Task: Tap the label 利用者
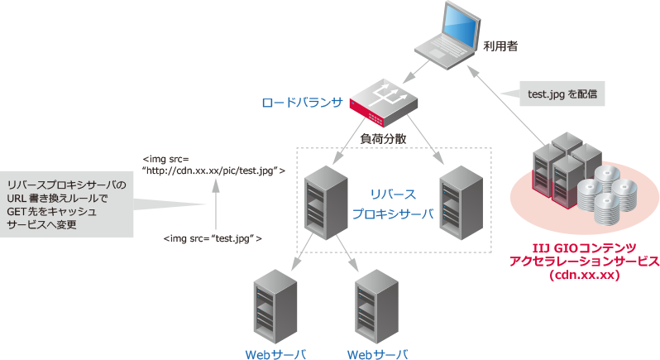coord(500,48)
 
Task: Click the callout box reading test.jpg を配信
coord(563,94)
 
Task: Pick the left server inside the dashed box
coord(319,202)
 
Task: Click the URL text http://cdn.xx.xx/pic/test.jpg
coord(214,170)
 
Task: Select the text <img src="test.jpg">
coord(213,238)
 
